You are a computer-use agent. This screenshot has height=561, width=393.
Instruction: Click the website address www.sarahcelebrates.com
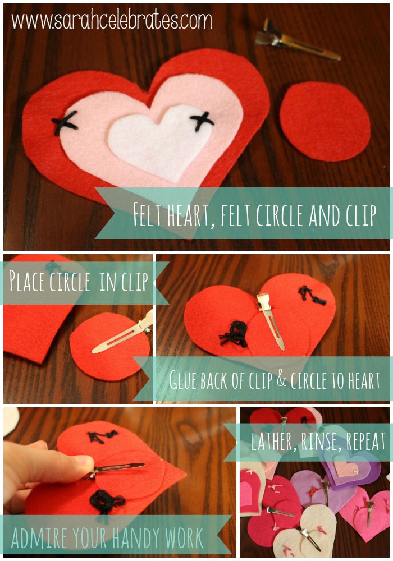112,21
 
